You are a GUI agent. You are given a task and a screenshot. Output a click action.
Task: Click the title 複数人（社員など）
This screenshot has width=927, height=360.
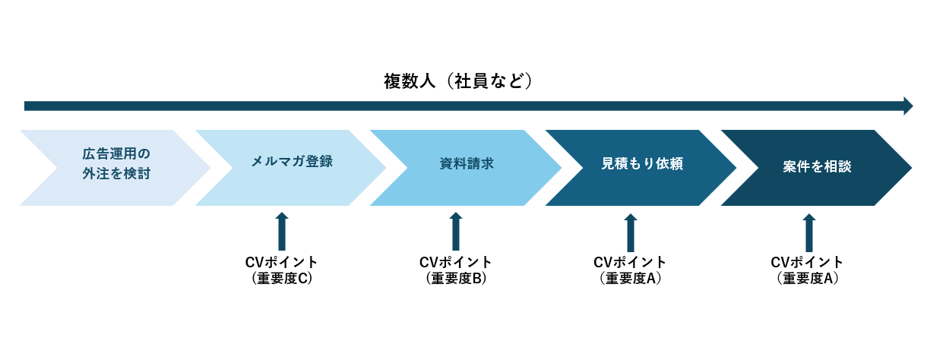click(x=457, y=81)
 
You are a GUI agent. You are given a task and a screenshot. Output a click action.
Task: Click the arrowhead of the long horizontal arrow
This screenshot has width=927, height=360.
click(x=908, y=106)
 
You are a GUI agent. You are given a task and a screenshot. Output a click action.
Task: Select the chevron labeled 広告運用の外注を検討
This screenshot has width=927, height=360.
click(x=115, y=168)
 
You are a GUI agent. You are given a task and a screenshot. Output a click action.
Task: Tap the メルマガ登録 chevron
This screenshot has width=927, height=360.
click(x=290, y=168)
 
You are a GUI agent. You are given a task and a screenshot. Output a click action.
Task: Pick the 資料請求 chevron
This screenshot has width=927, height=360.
click(x=466, y=168)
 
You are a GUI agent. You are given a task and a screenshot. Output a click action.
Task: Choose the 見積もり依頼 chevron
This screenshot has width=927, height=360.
click(x=641, y=168)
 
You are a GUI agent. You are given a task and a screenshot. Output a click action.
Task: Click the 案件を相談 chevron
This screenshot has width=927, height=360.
click(x=817, y=168)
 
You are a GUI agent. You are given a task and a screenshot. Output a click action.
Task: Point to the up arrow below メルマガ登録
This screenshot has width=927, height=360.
click(x=282, y=232)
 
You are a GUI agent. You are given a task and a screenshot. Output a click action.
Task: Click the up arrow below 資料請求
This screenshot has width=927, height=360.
click(x=456, y=232)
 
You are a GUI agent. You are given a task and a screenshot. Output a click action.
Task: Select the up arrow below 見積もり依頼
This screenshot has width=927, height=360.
click(x=630, y=232)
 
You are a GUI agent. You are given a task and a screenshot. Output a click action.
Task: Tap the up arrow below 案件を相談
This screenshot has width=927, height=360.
click(x=809, y=232)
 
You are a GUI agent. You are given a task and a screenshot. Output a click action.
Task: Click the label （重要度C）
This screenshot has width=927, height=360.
click(x=282, y=279)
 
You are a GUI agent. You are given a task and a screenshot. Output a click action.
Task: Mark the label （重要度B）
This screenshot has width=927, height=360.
click(x=456, y=279)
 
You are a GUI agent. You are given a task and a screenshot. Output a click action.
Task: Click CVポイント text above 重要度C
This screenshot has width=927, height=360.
click(x=281, y=262)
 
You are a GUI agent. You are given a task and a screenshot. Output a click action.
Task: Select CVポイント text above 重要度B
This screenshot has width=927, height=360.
click(x=456, y=262)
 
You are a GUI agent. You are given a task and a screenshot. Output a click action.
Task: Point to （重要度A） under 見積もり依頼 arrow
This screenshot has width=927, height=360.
click(x=630, y=279)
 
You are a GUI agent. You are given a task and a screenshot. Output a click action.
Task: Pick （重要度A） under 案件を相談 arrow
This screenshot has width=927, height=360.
click(x=808, y=279)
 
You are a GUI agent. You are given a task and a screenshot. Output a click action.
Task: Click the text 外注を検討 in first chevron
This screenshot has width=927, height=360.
click(x=116, y=173)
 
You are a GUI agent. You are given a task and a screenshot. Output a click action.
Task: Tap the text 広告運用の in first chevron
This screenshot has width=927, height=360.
click(x=116, y=154)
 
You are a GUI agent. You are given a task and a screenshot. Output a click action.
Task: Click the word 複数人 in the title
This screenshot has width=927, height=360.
click(x=410, y=81)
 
